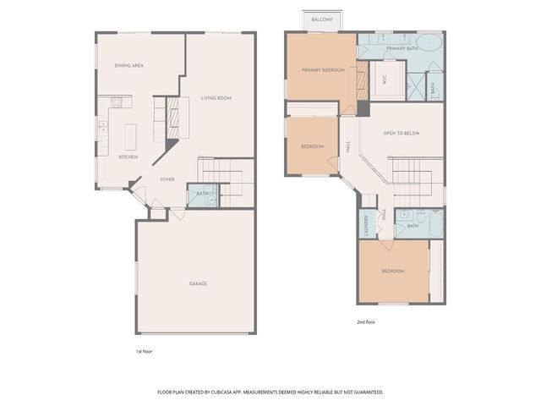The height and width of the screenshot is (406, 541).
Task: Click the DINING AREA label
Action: [129, 65]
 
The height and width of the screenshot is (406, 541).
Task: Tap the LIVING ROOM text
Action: [216, 98]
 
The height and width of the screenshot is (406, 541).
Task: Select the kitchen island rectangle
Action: [130, 136]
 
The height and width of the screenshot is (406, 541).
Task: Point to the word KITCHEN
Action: [128, 157]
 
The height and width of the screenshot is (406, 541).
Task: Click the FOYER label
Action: [167, 179]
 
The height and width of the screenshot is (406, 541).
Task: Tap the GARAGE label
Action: [198, 283]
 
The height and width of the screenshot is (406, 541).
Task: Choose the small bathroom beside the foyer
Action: [203, 195]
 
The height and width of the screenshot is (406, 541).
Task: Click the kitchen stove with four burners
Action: [117, 102]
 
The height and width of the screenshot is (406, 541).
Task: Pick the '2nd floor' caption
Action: [367, 321]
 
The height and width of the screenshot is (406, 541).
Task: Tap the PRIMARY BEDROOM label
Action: [323, 70]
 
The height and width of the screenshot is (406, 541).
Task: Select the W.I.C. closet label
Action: [381, 81]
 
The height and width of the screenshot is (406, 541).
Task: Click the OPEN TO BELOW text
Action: [401, 134]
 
